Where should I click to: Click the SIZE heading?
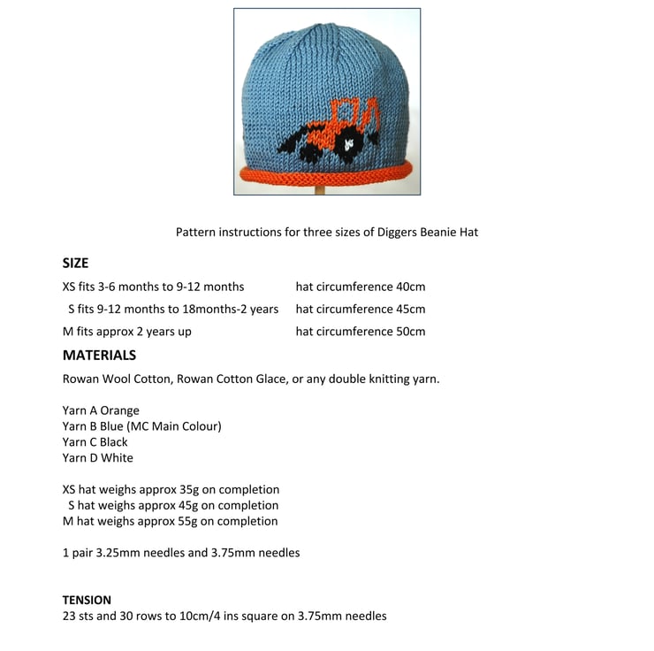pos(75,263)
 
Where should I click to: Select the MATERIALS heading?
pos(99,355)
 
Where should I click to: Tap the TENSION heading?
pos(87,600)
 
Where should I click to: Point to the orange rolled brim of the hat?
pos(327,175)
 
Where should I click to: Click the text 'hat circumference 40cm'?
pos(361,287)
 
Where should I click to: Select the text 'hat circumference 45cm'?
pos(361,309)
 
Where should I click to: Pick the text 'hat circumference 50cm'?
pos(361,332)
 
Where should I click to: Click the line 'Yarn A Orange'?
pos(101,410)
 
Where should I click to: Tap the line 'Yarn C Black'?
pos(95,441)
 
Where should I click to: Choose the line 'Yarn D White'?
pos(98,457)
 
